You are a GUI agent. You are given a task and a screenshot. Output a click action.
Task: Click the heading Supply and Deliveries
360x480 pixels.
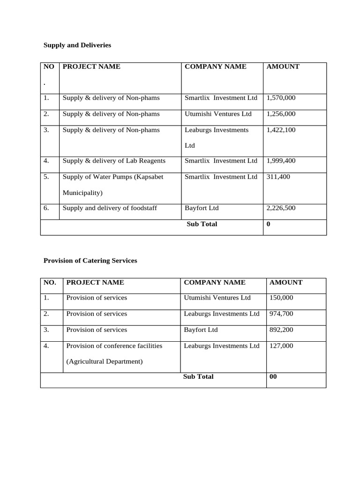point(77,45)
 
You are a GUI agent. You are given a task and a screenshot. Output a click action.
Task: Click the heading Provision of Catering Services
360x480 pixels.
point(90,261)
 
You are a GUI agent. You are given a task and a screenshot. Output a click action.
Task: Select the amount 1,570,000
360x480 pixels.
point(281,98)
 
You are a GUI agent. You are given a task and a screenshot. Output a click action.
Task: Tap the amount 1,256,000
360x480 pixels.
point(281,114)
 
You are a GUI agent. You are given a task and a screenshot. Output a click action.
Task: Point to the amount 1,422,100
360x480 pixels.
point(281,130)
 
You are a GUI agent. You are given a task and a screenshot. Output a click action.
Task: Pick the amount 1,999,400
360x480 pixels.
point(281,161)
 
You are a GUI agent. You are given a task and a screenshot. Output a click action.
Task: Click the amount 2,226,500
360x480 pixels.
point(281,208)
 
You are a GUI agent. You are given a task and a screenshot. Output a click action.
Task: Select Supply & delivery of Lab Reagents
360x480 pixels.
point(114,161)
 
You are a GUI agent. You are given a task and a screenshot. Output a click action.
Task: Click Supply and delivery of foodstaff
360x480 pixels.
point(110,208)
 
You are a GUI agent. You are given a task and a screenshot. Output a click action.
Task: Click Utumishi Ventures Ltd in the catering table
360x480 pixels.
point(217,298)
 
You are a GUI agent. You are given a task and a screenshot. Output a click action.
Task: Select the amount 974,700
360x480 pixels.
point(281,314)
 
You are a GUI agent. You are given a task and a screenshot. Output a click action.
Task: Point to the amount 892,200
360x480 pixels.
point(281,330)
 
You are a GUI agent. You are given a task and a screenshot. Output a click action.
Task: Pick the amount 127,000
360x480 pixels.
point(281,345)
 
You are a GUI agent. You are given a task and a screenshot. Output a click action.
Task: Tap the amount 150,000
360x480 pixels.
point(281,298)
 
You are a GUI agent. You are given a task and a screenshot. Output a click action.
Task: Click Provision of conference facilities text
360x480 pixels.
point(114,345)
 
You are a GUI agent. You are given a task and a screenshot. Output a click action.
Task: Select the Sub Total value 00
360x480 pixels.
point(273,377)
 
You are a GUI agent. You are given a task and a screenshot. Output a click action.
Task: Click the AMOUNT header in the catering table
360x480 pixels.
point(286,282)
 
